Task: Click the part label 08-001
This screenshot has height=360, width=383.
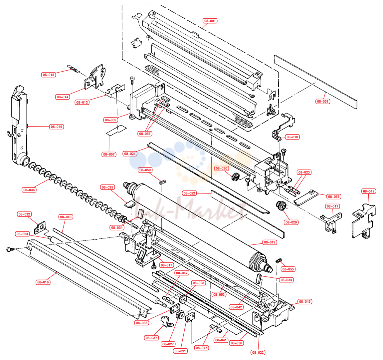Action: (210, 21)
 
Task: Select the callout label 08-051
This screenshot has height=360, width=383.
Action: (323, 101)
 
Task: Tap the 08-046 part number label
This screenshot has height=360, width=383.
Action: (57, 127)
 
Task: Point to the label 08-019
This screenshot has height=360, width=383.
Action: (270, 242)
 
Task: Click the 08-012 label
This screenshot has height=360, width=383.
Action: (369, 191)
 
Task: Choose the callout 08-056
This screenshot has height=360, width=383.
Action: (145, 134)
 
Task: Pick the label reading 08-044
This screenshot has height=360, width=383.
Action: (29, 190)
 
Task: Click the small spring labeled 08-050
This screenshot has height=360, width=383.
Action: (162, 182)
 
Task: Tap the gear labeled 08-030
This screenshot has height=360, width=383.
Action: (235, 177)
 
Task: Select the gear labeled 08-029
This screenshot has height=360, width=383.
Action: (281, 205)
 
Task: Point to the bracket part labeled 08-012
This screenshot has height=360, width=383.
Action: (363, 221)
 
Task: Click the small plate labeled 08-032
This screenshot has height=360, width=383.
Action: (40, 227)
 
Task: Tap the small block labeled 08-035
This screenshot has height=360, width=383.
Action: (130, 204)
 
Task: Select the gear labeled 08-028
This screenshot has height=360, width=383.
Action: (183, 299)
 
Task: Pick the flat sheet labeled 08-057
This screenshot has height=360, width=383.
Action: (117, 130)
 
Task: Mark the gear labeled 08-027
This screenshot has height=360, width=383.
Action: (180, 314)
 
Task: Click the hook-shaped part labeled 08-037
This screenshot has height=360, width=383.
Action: (167, 321)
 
